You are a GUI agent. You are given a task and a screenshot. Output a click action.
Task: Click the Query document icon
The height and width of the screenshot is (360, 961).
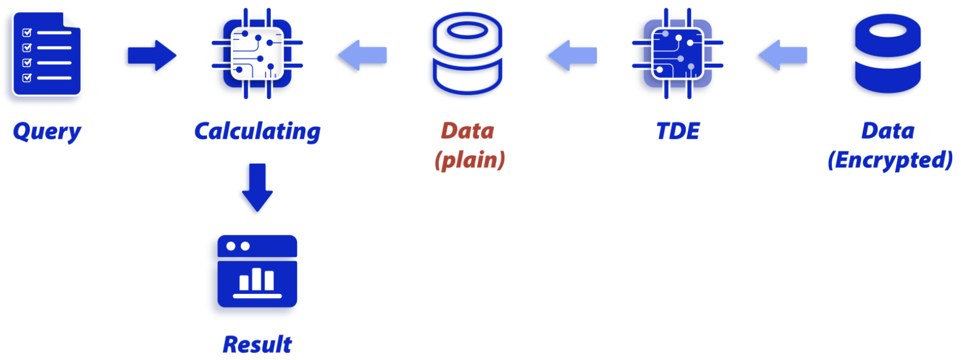point(47,54)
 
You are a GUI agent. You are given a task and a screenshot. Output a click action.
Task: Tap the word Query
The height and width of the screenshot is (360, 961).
point(47,131)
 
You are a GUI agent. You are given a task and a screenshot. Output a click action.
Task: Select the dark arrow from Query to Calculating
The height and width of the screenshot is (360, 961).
point(152,56)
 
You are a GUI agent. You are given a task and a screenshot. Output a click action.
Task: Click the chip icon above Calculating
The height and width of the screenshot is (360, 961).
point(257,54)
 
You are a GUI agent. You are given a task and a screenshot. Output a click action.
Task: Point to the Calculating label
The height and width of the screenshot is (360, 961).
point(257,131)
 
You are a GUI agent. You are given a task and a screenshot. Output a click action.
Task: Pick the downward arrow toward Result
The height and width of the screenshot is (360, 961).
point(257,188)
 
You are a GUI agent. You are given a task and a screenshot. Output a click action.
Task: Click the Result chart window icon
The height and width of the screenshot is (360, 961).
point(257,271)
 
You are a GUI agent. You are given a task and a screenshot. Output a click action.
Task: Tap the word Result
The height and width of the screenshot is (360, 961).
point(257,344)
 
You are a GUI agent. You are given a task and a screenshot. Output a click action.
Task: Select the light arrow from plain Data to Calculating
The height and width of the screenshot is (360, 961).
point(362,56)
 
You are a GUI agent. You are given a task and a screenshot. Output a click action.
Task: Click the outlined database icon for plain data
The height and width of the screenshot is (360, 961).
point(467,54)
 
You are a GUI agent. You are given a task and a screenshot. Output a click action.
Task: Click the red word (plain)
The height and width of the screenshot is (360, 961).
point(470,160)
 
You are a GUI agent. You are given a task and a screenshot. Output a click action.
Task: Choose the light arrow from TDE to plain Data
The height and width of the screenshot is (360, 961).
point(573,56)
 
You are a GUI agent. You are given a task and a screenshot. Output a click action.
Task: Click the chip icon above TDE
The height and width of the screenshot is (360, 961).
point(678,54)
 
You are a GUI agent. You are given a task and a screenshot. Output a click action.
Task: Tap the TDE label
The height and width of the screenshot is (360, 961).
point(678,131)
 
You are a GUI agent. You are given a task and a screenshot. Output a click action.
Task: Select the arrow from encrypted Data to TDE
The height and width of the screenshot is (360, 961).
point(783,56)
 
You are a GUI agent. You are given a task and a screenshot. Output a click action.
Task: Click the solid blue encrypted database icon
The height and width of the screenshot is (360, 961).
point(887,54)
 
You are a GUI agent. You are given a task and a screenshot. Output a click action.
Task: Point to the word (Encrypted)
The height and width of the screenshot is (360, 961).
point(890,160)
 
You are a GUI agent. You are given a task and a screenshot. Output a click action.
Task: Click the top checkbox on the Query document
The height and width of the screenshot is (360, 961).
point(27,32)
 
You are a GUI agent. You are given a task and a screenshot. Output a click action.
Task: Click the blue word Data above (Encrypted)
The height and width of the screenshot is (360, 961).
point(888,131)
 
